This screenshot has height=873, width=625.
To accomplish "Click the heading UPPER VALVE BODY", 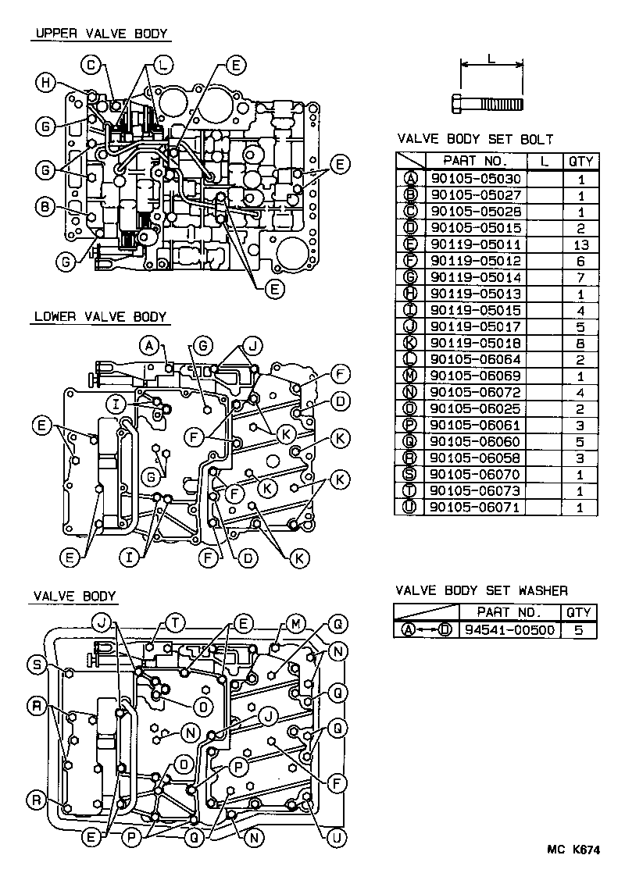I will click(x=100, y=34).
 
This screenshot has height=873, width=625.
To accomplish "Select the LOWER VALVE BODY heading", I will click(x=100, y=317).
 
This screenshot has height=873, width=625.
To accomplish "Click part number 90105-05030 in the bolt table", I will click(x=475, y=179).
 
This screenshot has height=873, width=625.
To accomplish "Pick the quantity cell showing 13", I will click(x=580, y=244).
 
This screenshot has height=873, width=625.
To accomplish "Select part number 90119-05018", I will click(x=475, y=343).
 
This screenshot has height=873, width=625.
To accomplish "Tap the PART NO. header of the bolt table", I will click(x=475, y=162).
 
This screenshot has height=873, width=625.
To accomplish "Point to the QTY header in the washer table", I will click(x=579, y=612).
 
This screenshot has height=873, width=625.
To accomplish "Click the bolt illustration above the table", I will click(x=487, y=102).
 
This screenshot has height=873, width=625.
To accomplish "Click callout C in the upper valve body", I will click(x=92, y=64).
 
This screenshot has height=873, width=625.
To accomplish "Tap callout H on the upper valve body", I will click(x=47, y=82).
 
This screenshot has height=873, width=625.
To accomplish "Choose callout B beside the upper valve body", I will click(x=45, y=207).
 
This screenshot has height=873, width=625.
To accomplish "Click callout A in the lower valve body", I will click(x=150, y=344).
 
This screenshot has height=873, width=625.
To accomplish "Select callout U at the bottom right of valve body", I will click(x=337, y=837).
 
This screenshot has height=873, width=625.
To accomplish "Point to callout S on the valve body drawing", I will click(x=36, y=665).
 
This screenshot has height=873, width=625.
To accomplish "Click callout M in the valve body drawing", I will click(x=295, y=622).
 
